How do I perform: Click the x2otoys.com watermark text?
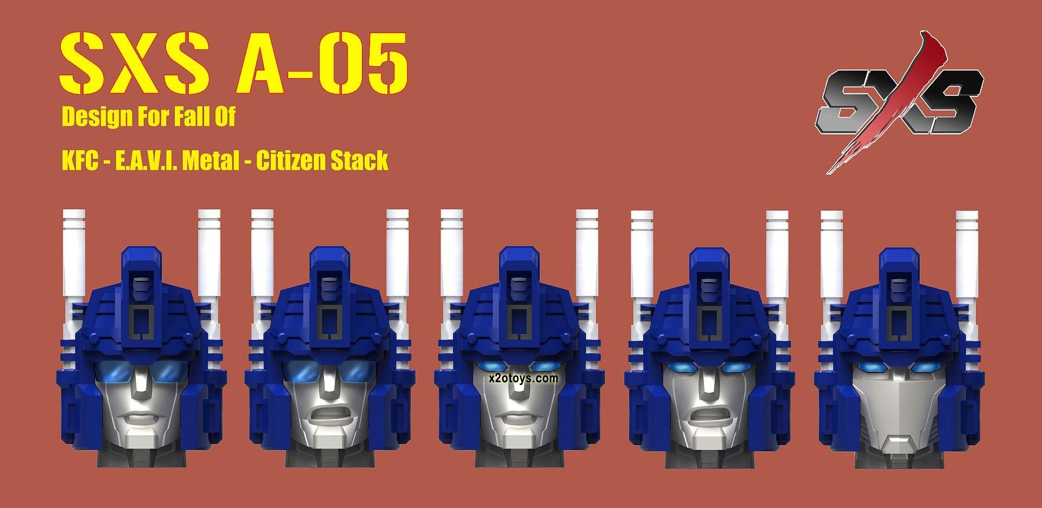[523, 378]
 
